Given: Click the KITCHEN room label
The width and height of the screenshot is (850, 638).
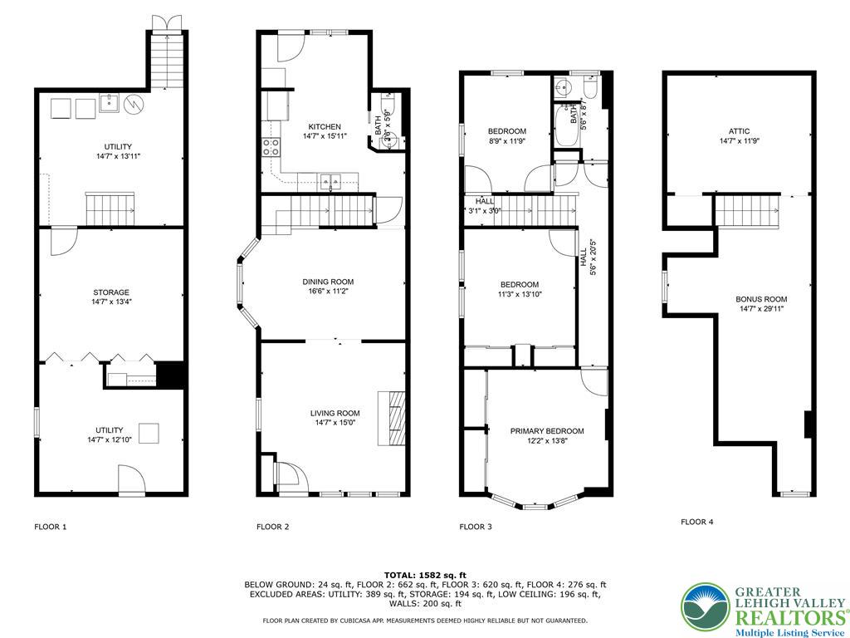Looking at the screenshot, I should point(323,126).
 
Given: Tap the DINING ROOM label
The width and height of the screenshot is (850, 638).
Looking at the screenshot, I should point(328,282).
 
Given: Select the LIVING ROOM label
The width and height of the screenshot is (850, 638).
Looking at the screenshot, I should point(335,413).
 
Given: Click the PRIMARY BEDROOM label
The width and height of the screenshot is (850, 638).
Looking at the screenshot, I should point(547,431).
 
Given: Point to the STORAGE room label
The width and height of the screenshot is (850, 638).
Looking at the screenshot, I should point(110,292).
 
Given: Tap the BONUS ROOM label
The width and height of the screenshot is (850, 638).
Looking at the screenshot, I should point(760,299).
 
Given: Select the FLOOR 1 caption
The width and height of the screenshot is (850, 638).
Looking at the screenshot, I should point(51,527).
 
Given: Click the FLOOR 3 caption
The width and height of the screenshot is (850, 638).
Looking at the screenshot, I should point(476,527).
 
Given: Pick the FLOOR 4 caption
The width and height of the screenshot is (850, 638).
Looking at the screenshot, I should point(696,523).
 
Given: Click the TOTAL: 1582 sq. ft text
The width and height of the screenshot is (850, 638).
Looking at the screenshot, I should point(425,575).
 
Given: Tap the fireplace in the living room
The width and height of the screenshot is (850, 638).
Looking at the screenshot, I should point(393,409).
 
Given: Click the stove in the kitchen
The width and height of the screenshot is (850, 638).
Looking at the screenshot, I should point(271,147).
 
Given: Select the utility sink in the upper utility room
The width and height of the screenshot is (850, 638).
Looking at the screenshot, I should point(110,104).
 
